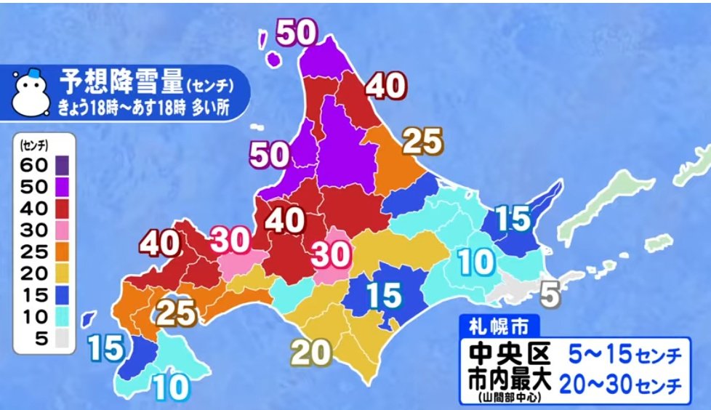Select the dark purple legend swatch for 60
tap(62, 164)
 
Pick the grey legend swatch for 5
tap(62, 339)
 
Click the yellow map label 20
tap(311, 353)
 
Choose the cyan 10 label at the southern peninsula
tap(172, 387)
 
